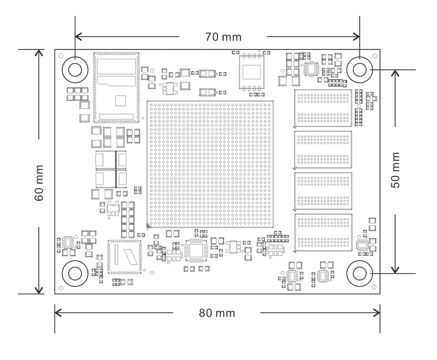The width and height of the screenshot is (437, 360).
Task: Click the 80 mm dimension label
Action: (x=217, y=313)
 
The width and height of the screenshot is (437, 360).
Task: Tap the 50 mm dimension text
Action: (x=395, y=170)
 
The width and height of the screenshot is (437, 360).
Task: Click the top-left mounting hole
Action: (x=75, y=70)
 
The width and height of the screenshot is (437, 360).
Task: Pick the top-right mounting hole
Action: (x=359, y=70)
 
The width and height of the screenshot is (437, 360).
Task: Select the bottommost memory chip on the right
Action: (x=323, y=233)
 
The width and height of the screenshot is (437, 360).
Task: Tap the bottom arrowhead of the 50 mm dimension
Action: (x=395, y=270)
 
